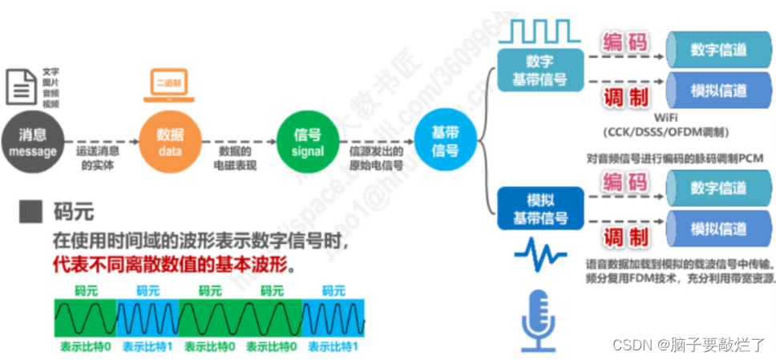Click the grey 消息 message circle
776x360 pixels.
pyautogui.click(x=33, y=143)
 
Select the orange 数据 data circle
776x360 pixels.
pyautogui.click(x=169, y=143)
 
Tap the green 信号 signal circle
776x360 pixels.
pyautogui.click(x=308, y=143)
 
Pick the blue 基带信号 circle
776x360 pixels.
pyautogui.click(x=445, y=143)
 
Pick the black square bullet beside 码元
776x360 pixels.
pyautogui.click(x=31, y=212)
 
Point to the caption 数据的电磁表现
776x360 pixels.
pyautogui.click(x=236, y=159)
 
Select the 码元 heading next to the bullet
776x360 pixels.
pyautogui.click(x=73, y=212)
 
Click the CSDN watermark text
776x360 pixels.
pyautogui.click(x=689, y=345)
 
